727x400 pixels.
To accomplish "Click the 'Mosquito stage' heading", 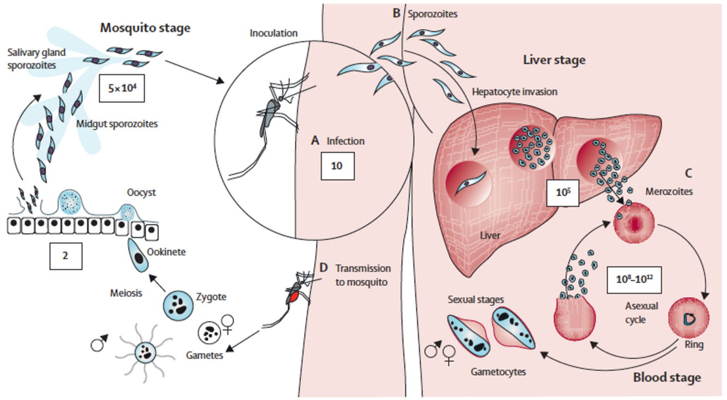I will [145, 28].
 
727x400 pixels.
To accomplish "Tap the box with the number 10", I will [337, 165].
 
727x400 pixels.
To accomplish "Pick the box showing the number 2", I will [65, 255].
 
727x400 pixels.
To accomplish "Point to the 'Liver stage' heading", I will [554, 59].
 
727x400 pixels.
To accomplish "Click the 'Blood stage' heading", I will [667, 377].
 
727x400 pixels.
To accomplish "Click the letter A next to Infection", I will [314, 141].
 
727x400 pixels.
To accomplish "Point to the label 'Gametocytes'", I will [498, 372].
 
